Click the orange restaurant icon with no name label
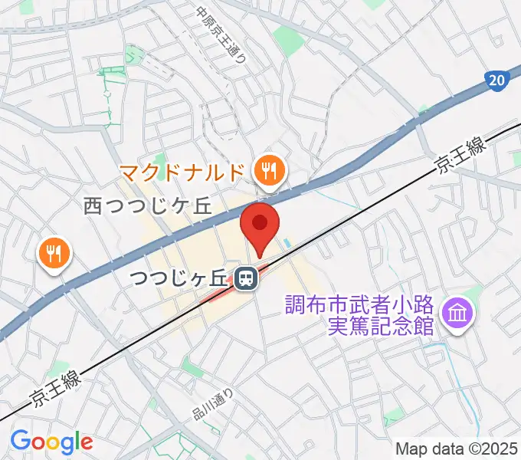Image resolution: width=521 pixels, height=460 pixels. pyautogui.click(x=54, y=253)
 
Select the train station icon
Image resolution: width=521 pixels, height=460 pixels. pyautogui.click(x=245, y=279)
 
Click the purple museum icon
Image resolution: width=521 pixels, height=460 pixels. pyautogui.click(x=459, y=313)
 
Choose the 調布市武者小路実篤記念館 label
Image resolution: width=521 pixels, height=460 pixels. pyautogui.click(x=359, y=314)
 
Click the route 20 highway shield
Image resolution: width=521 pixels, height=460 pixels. pyautogui.click(x=496, y=79)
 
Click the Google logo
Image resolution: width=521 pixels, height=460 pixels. pyautogui.click(x=51, y=442)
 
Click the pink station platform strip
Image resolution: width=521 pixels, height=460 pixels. pyautogui.click(x=230, y=284)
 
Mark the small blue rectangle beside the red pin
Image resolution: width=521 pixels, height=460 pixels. pyautogui.click(x=287, y=245)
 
